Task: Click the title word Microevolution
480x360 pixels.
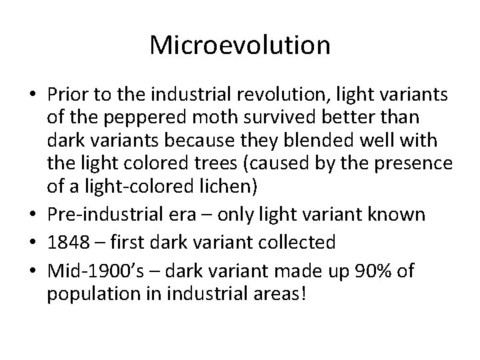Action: [240, 45]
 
